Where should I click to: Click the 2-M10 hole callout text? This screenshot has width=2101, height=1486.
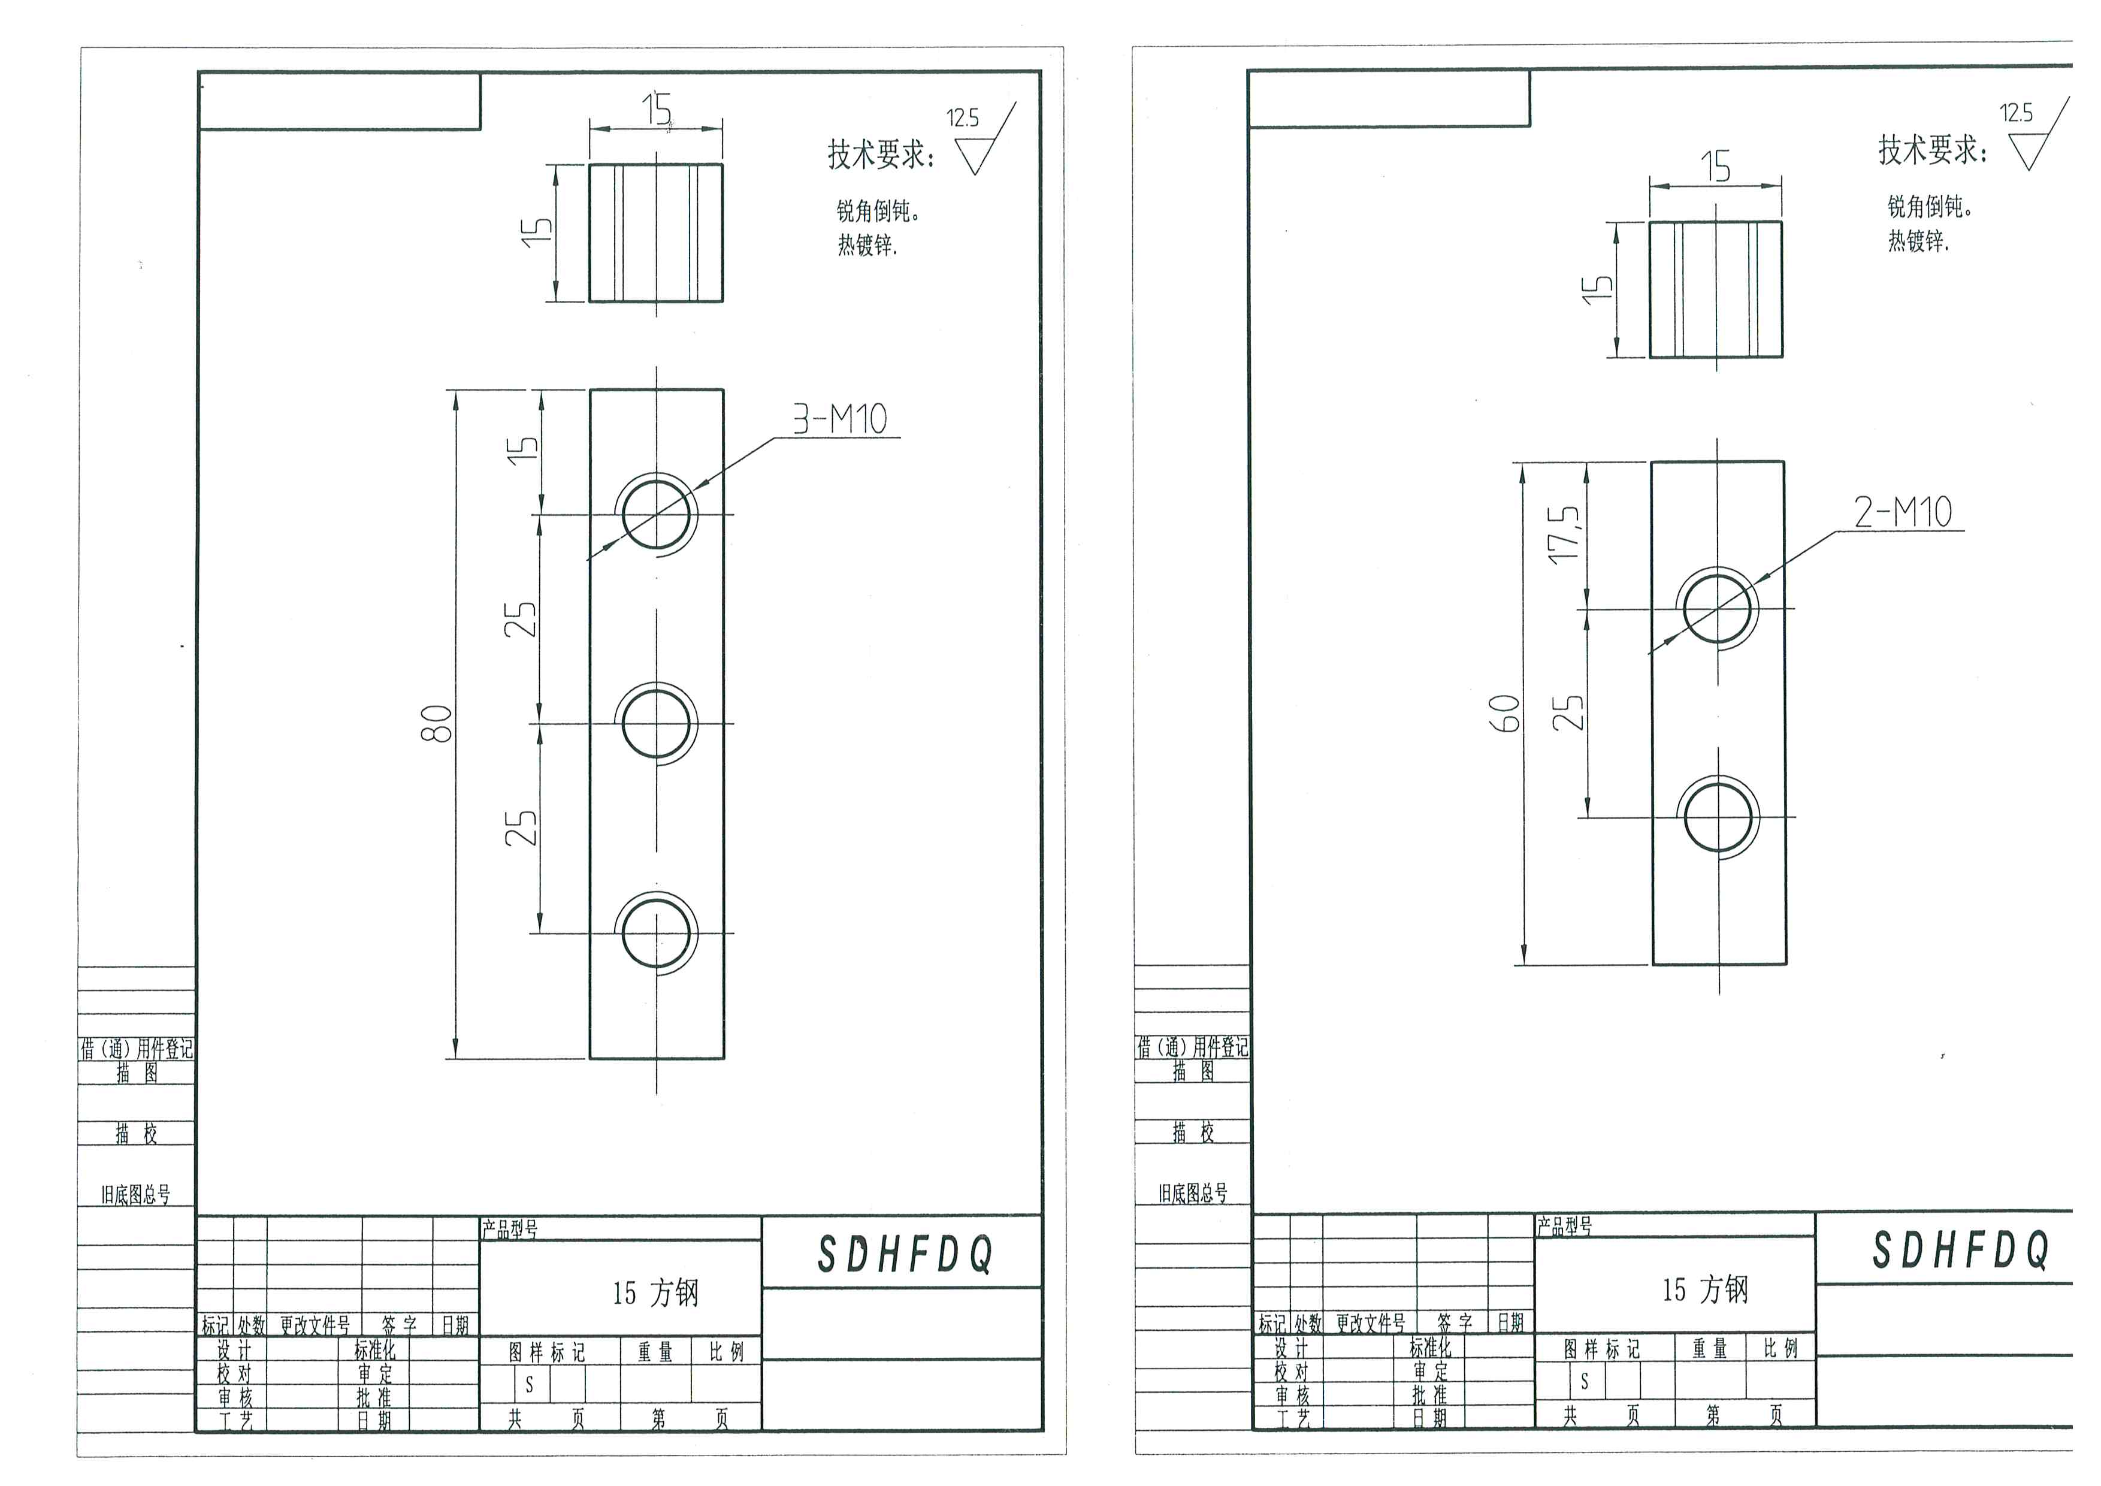[1903, 512]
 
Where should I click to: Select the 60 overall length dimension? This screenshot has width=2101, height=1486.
[1506, 713]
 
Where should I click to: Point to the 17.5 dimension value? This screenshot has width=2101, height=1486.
[1565, 534]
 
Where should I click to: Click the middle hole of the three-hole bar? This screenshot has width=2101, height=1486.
[656, 723]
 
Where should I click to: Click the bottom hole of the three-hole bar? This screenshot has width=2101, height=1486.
[656, 934]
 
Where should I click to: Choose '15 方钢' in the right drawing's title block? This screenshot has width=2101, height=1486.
[1705, 1289]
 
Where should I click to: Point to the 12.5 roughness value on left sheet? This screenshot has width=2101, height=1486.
[963, 118]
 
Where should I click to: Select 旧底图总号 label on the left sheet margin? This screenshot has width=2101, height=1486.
[135, 1194]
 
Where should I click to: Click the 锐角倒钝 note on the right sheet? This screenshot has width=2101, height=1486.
[1929, 207]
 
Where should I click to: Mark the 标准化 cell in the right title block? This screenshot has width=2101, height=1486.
[1429, 1347]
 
